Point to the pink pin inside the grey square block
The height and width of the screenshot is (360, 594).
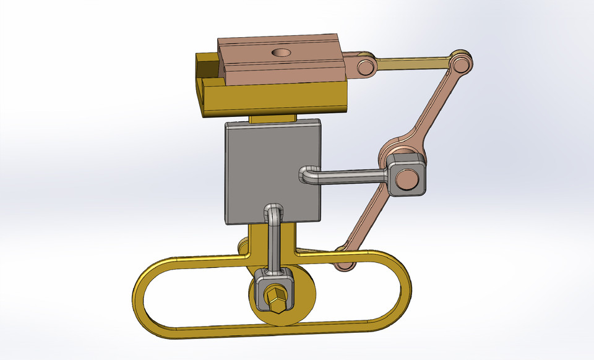pyautogui.click(x=408, y=179)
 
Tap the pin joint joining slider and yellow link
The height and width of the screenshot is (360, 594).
pyautogui.click(x=365, y=67)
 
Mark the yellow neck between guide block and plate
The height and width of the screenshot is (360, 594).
pyautogui.click(x=272, y=118)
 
